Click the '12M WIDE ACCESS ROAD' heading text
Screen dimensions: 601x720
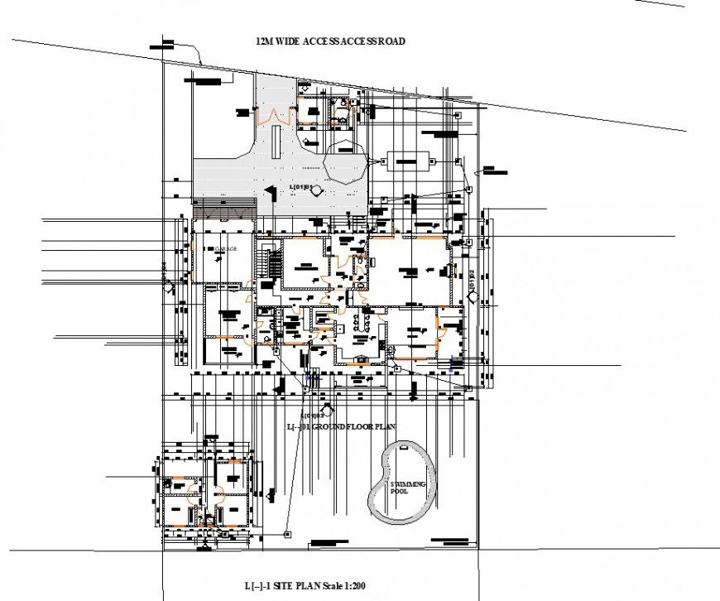[x=331, y=41]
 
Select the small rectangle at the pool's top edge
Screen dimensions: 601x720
[x=403, y=447]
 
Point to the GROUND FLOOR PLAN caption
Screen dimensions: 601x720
[x=341, y=426]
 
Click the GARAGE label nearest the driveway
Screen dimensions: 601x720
[x=226, y=248]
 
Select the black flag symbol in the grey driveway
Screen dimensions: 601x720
[x=268, y=193]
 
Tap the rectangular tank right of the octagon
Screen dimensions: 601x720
[x=408, y=160]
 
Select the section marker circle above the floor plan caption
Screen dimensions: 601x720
[x=329, y=409]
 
